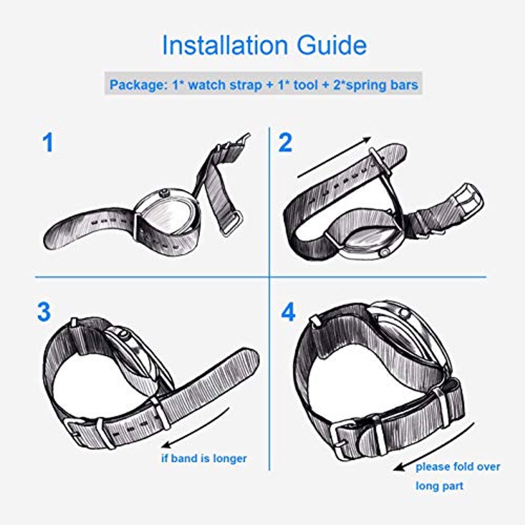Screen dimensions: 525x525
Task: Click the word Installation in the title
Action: coord(224,45)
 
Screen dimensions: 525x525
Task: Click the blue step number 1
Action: coord(48,143)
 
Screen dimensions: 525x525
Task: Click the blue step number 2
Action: coord(285,143)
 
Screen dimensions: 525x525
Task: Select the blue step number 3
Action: coord(44,312)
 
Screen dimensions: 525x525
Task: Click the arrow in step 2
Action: coord(334,157)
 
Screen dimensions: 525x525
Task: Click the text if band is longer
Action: coord(204,458)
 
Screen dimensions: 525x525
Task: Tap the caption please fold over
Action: coord(458,467)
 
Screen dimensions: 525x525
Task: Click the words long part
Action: coord(439,486)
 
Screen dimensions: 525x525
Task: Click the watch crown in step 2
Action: coord(385,252)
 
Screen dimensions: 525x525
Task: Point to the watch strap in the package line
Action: coord(225,86)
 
